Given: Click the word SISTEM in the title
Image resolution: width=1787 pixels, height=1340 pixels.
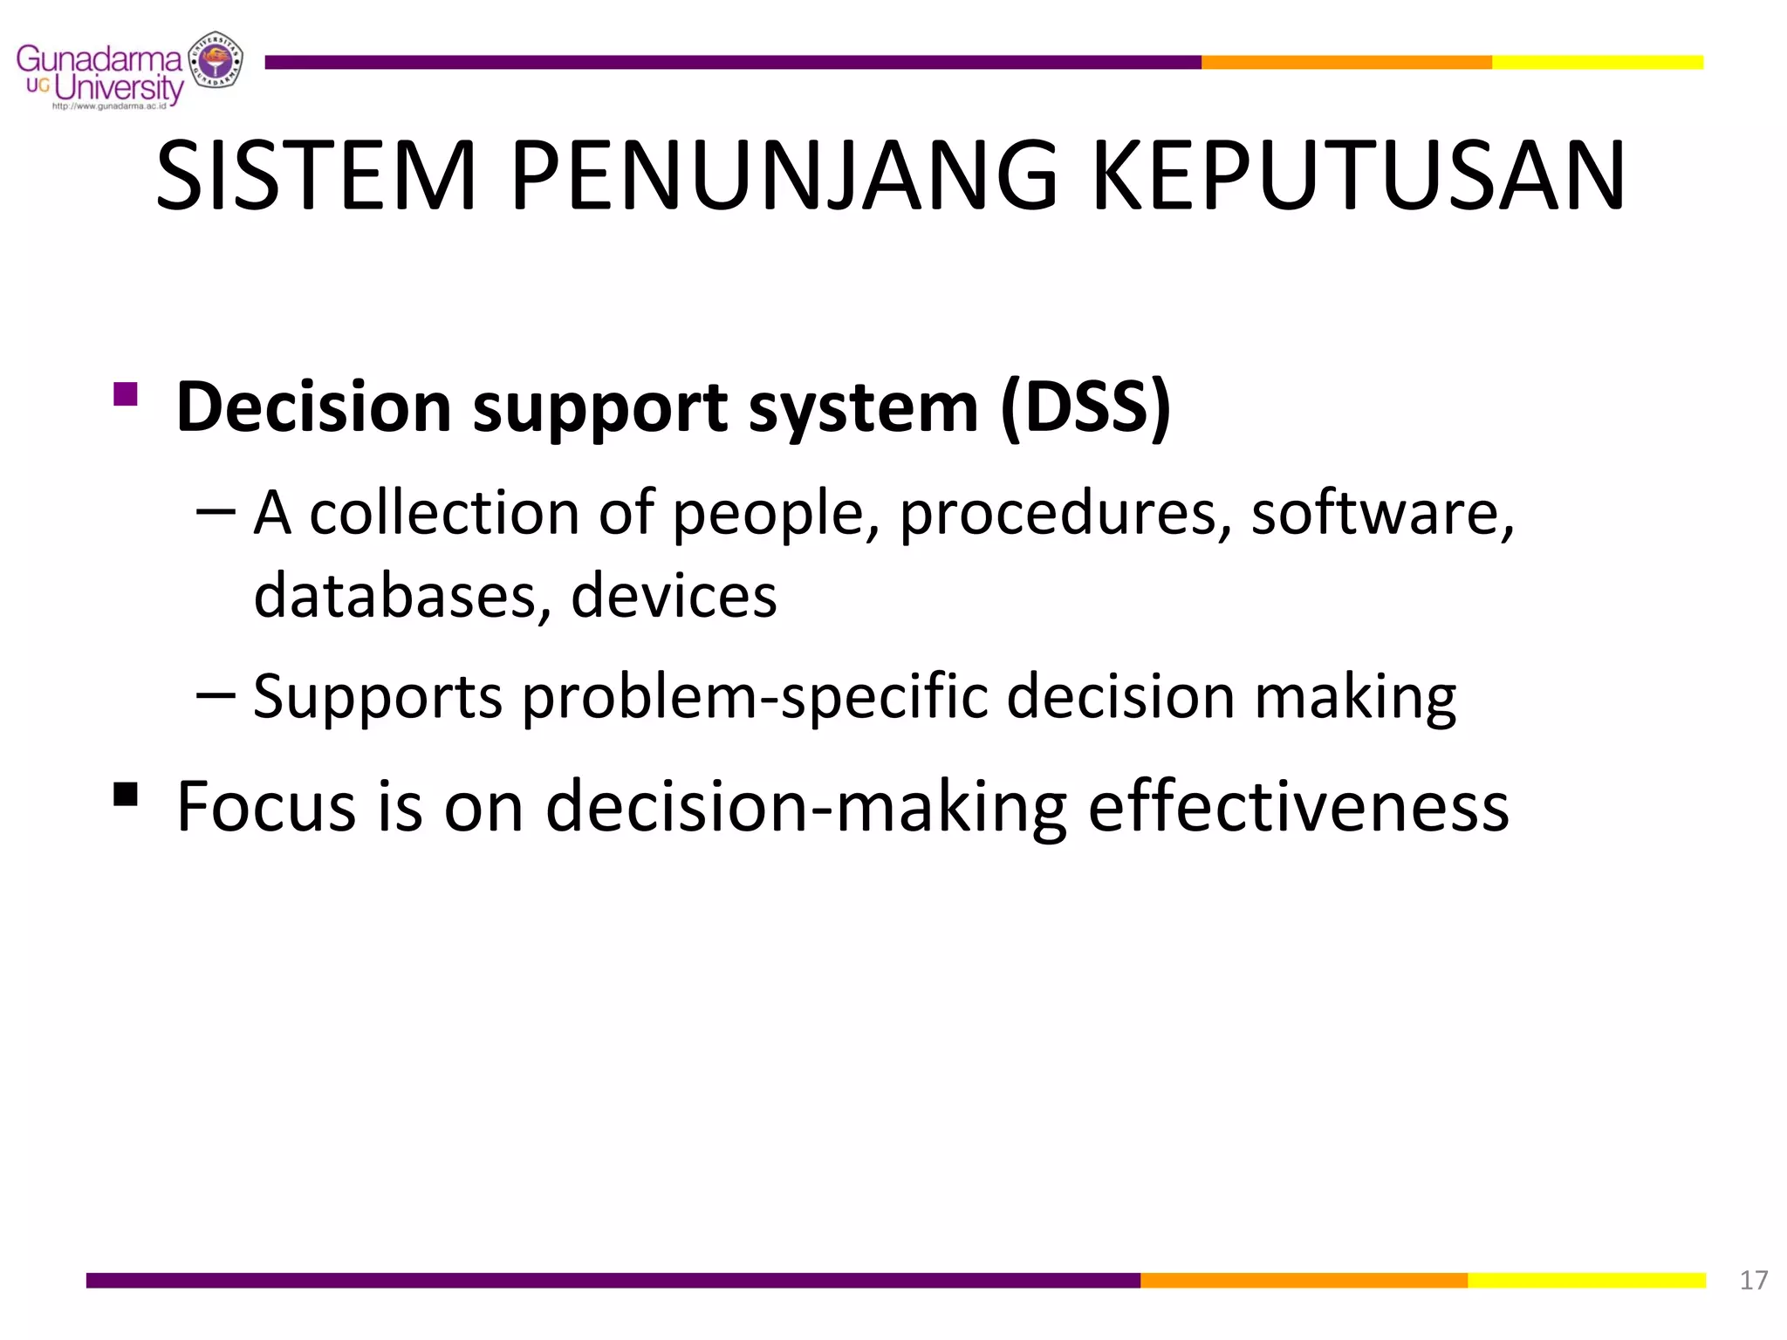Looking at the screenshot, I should pos(316,176).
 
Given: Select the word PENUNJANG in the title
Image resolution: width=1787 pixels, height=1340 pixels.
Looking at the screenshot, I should pos(784,176).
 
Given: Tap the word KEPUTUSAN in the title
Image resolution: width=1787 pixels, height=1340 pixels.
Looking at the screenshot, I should pos(1359,176).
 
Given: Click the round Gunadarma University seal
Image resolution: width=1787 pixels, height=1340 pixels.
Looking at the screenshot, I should pos(217,60).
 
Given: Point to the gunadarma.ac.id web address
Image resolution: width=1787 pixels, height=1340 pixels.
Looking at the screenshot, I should pos(109,106).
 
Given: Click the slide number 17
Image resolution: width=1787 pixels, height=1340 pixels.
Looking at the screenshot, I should pos(1753,1280).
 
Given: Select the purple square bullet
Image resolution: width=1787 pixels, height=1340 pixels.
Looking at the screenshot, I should pos(126,394).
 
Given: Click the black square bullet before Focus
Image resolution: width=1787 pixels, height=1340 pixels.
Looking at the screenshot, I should pos(126,794).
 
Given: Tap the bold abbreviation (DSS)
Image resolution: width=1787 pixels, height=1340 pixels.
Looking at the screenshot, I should pos(1085,407).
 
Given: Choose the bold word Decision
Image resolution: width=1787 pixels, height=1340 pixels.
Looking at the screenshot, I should pos(313,407).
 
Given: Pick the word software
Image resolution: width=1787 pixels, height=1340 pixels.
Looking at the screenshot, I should pos(1382,514).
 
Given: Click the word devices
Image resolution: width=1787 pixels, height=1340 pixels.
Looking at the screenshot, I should pos(674,595).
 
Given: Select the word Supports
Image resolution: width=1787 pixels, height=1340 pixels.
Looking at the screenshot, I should pos(378,698).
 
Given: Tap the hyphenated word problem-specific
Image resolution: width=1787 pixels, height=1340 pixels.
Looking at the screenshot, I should pos(755,698).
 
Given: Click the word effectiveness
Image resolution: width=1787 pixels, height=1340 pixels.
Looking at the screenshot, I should pos(1298,807).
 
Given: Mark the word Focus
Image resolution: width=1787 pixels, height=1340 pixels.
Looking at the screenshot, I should pos(265,807).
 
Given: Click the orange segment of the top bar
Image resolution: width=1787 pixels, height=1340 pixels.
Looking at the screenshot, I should pos(1345,62).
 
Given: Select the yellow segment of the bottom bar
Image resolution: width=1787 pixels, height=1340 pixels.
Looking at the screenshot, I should pos(1586,1280).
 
